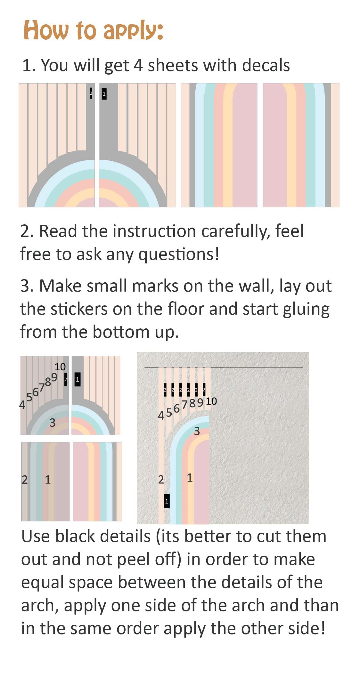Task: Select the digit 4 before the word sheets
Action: coord(138,65)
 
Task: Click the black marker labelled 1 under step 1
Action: coord(104,94)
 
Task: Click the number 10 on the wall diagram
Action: coord(211,401)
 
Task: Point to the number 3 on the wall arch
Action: coord(197,431)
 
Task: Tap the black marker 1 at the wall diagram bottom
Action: coord(167,501)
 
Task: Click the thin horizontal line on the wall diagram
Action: coord(224,367)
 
